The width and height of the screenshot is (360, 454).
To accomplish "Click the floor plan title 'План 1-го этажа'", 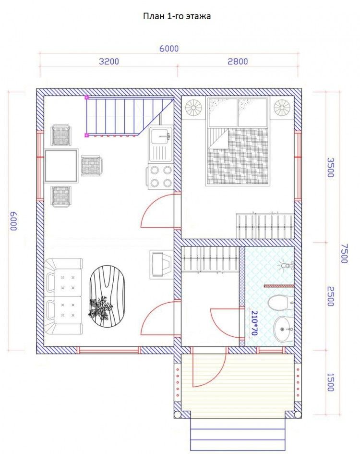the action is [x=177, y=16].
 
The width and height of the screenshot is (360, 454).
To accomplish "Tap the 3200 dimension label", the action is [x=109, y=61].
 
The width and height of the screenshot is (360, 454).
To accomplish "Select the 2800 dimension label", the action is [x=238, y=61].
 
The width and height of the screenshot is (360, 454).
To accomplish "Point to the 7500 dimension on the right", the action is [x=344, y=253].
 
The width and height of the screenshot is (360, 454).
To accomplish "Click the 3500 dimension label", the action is [x=330, y=167].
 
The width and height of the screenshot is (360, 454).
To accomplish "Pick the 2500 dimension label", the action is [x=330, y=296].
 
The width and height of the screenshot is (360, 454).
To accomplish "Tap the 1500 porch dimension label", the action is [x=330, y=382].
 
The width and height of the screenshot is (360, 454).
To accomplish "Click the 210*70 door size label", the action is [x=254, y=323].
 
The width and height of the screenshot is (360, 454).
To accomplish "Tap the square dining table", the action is [x=61, y=166].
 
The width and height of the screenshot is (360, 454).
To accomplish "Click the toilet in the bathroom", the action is [x=280, y=303].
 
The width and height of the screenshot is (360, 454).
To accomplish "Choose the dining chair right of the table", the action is [x=91, y=166].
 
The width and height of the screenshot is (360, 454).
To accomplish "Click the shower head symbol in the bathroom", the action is [x=286, y=265].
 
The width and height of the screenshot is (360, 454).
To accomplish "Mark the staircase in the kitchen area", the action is [x=129, y=117].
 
